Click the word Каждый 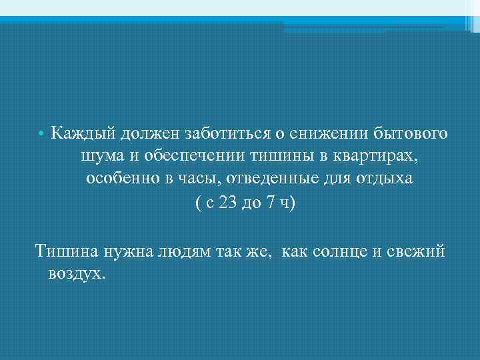[x=83, y=135]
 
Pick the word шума [x=99, y=157]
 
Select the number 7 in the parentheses [x=268, y=203]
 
